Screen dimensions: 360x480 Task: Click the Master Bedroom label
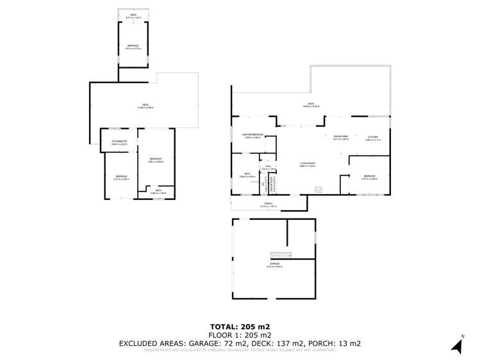(x=253, y=135)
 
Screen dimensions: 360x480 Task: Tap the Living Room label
(x=308, y=164)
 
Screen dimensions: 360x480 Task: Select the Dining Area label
(x=340, y=136)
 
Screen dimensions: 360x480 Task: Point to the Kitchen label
(x=372, y=137)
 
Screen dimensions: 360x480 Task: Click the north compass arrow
(x=456, y=346)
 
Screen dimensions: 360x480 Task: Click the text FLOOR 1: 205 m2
(x=239, y=335)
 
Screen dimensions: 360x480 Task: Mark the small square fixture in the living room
(x=317, y=188)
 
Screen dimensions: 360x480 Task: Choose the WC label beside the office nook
(x=263, y=185)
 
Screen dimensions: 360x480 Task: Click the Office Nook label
(x=272, y=186)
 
